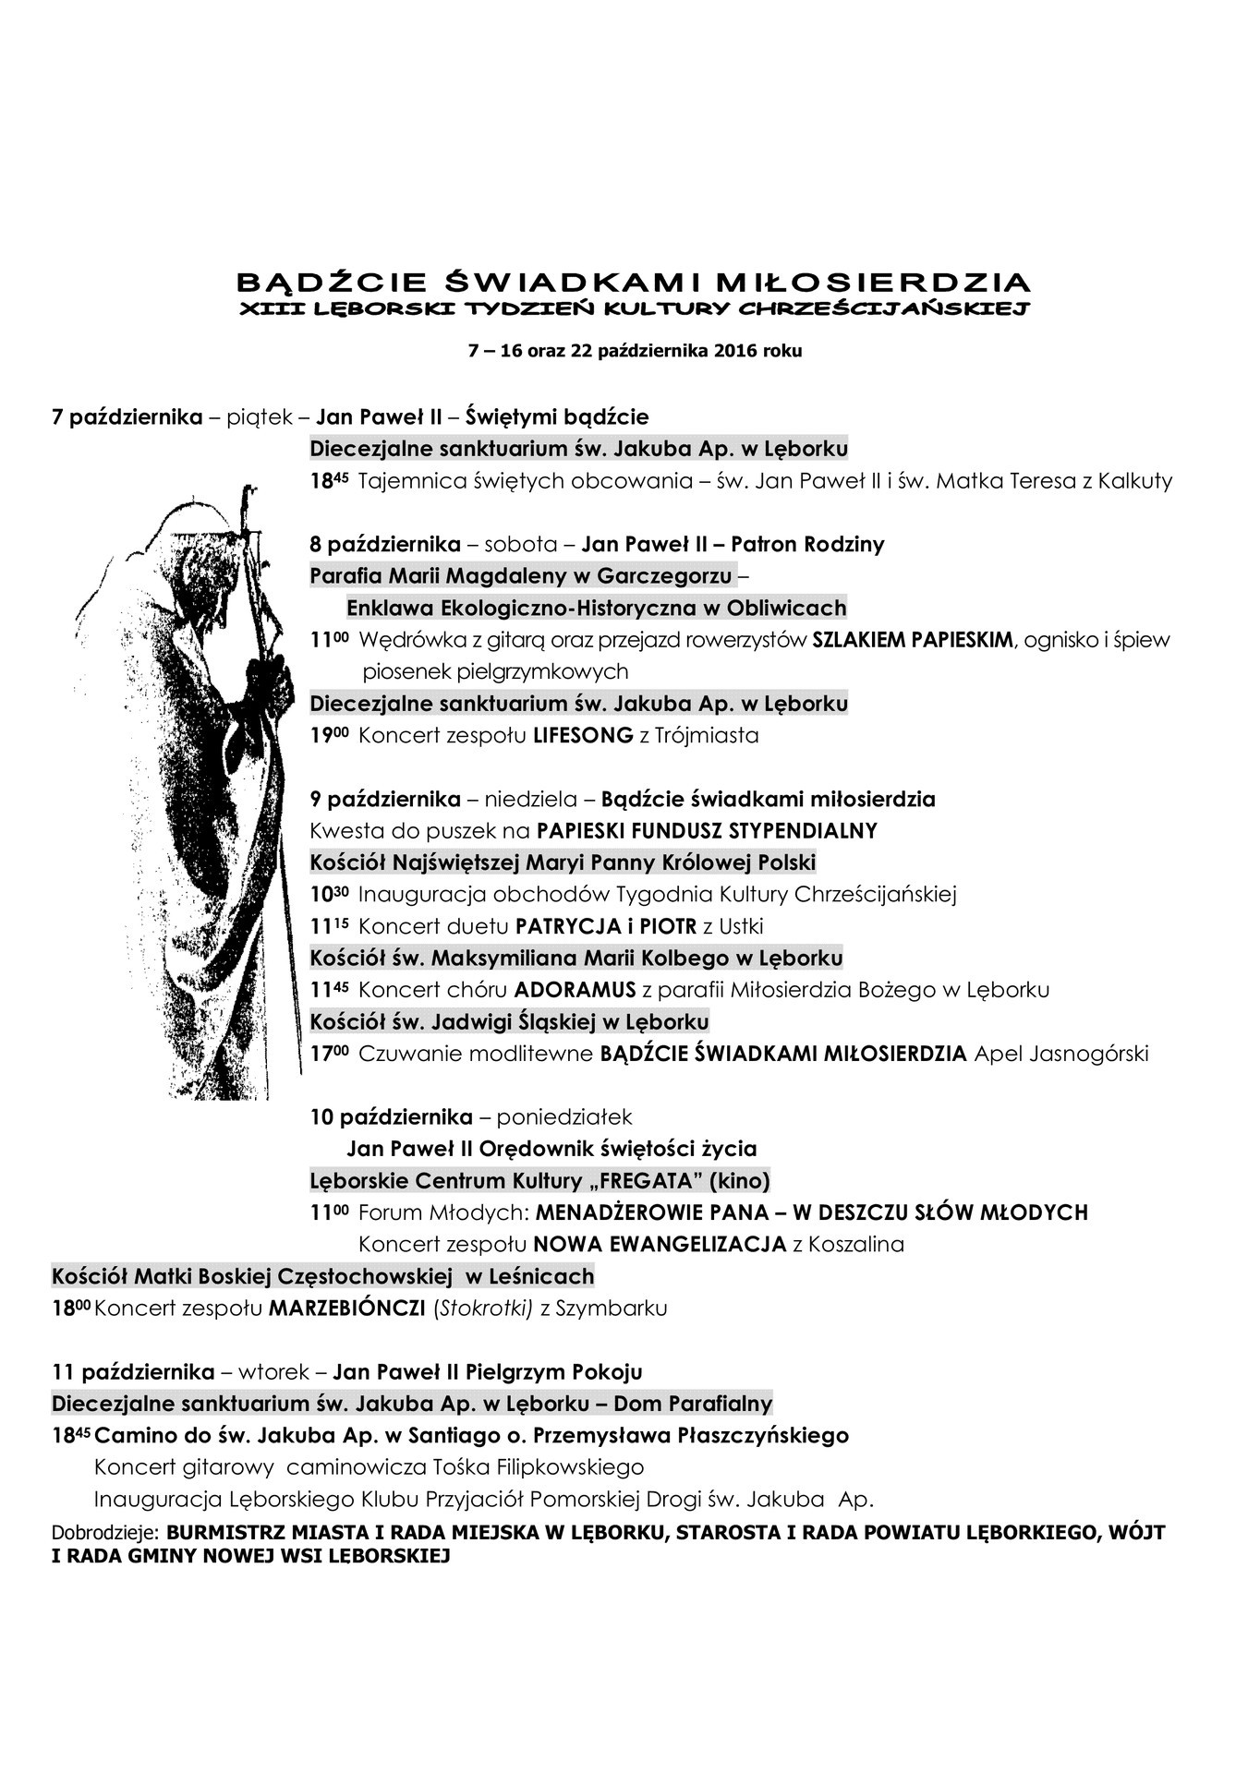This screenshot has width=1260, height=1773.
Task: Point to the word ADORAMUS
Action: pyautogui.click(x=575, y=990)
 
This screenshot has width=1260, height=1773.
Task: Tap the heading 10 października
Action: pyautogui.click(x=392, y=1117)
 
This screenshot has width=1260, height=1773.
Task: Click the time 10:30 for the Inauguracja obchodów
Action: pyautogui.click(x=329, y=894)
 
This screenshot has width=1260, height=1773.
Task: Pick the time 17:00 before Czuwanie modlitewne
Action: pyautogui.click(x=329, y=1054)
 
